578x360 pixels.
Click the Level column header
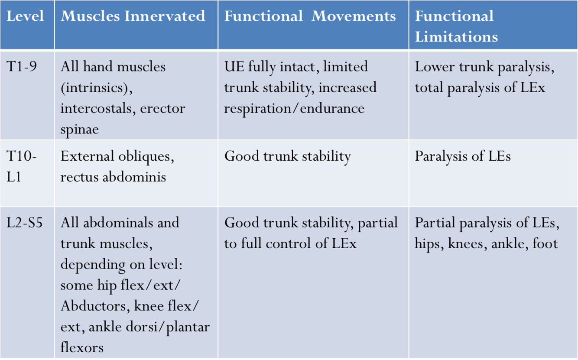26,16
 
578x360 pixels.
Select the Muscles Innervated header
133,16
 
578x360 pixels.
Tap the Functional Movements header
310,16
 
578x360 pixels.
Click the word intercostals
97,108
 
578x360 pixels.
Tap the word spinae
79,129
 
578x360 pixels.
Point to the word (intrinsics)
96,88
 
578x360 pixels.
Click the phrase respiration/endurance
294,108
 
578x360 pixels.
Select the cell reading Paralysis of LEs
463,156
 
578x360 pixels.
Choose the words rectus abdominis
113,177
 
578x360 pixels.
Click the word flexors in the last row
82,347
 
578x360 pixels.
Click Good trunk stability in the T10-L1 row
287,156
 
